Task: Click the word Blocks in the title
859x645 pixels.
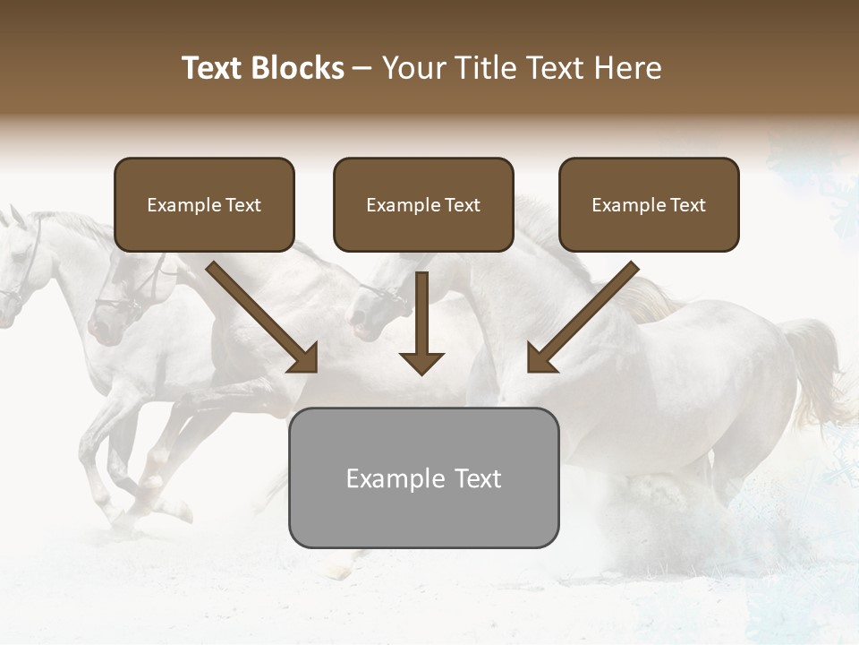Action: [x=298, y=68]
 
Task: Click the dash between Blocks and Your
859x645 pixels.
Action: [x=362, y=68]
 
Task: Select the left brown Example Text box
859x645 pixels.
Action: [x=204, y=204]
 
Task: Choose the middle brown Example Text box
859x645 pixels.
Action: [x=423, y=204]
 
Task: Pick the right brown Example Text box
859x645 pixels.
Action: [x=649, y=204]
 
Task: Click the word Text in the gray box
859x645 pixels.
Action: [x=477, y=478]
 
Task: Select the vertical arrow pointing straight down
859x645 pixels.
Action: [x=421, y=322]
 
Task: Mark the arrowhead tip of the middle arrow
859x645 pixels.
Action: [x=421, y=373]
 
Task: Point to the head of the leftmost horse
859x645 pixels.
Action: [x=16, y=260]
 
